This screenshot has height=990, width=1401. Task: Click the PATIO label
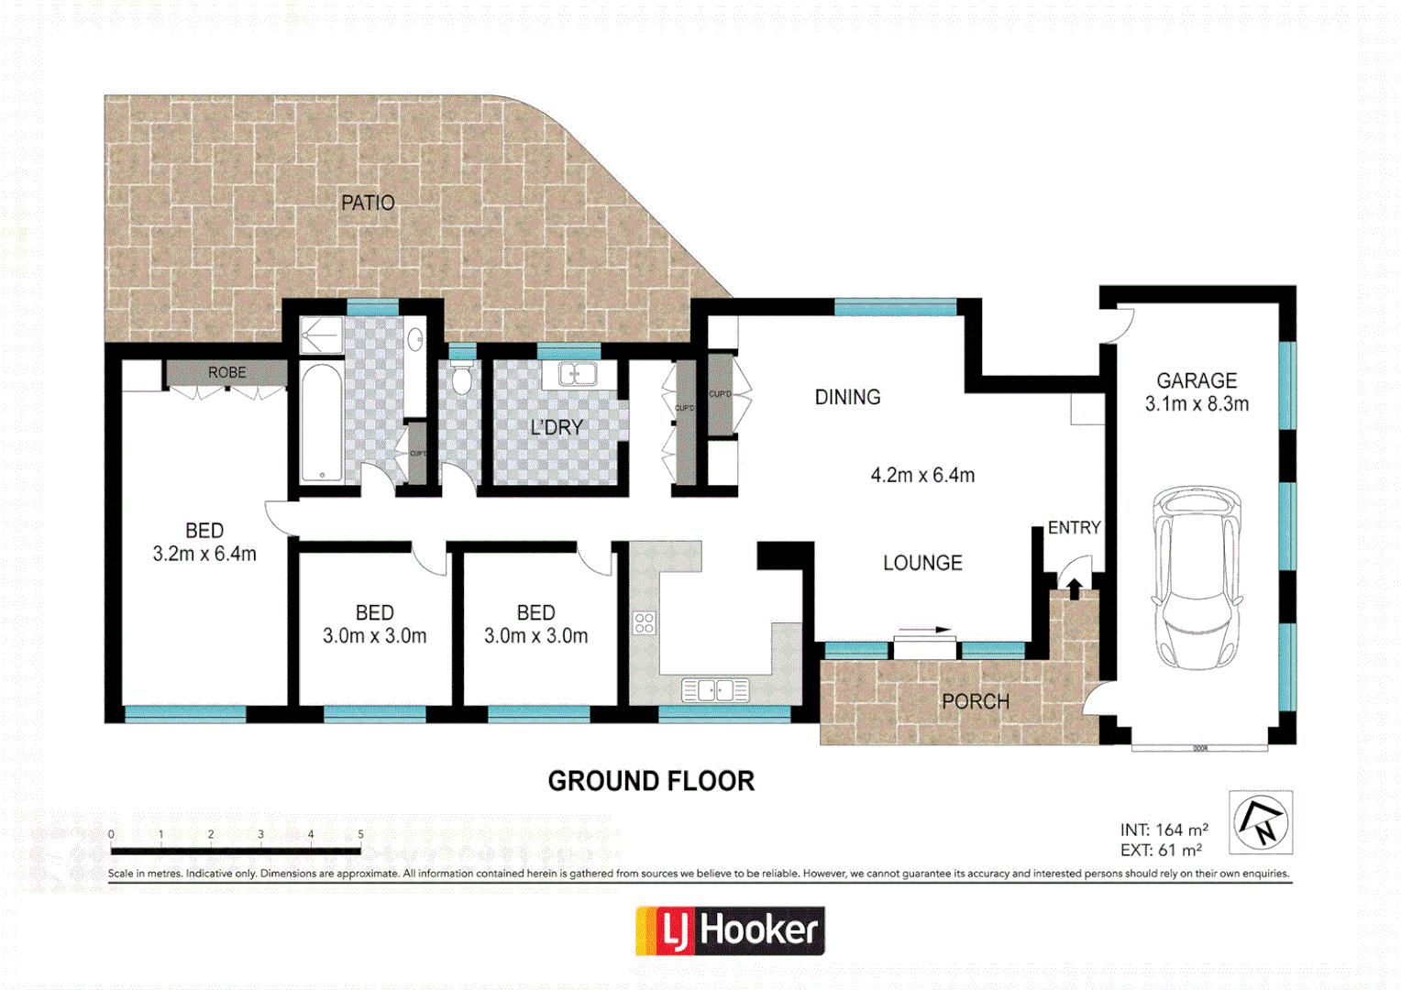click(x=368, y=203)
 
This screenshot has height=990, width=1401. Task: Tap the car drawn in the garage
click(x=1197, y=577)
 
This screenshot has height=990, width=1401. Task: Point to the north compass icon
click(x=1261, y=822)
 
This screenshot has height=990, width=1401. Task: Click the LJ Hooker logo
click(x=730, y=930)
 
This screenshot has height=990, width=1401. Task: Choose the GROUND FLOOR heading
click(x=651, y=781)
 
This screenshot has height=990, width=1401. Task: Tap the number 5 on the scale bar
click(x=360, y=834)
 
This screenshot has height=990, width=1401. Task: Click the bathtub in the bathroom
click(x=322, y=423)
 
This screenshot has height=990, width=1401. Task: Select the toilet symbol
click(x=462, y=378)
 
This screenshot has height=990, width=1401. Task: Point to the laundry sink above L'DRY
click(x=577, y=374)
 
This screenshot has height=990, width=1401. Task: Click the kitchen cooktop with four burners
click(x=644, y=623)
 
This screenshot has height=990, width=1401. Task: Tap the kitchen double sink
click(x=715, y=689)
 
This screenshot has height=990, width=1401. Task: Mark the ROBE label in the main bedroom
click(x=226, y=372)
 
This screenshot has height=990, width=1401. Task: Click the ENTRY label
click(x=1074, y=528)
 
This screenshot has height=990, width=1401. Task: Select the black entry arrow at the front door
click(x=1074, y=588)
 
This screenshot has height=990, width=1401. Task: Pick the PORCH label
click(x=975, y=701)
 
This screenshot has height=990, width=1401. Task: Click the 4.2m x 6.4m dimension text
click(x=922, y=475)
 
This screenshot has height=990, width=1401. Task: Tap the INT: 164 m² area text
click(x=1164, y=830)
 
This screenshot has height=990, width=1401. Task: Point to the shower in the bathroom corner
click(x=321, y=335)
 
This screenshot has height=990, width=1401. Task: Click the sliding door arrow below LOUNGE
click(x=926, y=631)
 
